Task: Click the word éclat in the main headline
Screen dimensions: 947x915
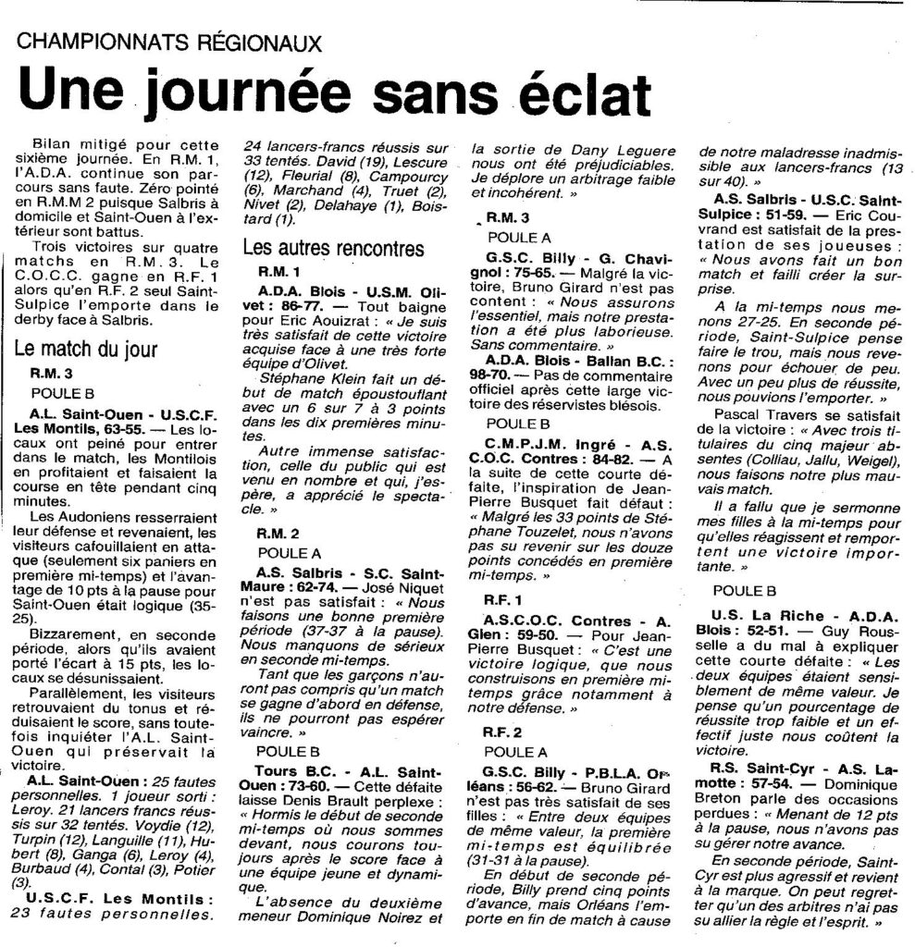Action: pyautogui.click(x=554, y=96)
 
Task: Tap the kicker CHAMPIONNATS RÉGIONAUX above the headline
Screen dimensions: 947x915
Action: pyautogui.click(x=170, y=43)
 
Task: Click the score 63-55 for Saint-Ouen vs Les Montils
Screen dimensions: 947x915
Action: pyautogui.click(x=114, y=431)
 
